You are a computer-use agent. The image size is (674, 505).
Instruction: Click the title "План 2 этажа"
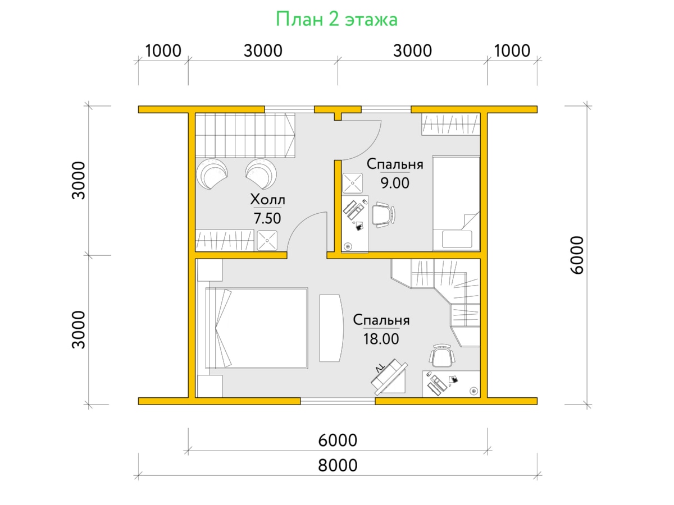coord(336,19)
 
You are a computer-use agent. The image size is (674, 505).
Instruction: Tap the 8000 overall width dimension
coord(338,465)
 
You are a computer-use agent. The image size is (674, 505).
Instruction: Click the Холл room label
coord(267,200)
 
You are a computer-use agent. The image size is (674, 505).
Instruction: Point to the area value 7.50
coord(267,218)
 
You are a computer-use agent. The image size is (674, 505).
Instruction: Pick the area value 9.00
coord(395,183)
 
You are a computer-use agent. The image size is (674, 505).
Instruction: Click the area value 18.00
coord(381,339)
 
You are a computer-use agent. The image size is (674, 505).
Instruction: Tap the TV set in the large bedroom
coord(389,377)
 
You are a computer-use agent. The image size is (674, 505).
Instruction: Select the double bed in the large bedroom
coord(256,328)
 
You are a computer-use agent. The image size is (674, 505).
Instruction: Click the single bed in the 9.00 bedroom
coord(456,203)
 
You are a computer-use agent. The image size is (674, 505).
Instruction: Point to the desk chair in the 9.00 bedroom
coord(384,215)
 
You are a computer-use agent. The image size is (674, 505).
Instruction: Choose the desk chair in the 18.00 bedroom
coord(442,355)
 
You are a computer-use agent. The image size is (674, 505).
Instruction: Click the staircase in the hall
coord(245,135)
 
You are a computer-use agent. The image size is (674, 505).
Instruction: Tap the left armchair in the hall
coord(212,174)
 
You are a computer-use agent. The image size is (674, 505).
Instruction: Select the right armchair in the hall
coord(261,174)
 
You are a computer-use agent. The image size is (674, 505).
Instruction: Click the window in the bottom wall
coord(338,401)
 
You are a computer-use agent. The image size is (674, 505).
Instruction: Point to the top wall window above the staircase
coord(289,109)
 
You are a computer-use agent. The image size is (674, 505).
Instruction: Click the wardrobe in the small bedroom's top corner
coord(450,124)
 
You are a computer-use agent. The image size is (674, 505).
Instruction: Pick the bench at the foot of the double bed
coord(331,328)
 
